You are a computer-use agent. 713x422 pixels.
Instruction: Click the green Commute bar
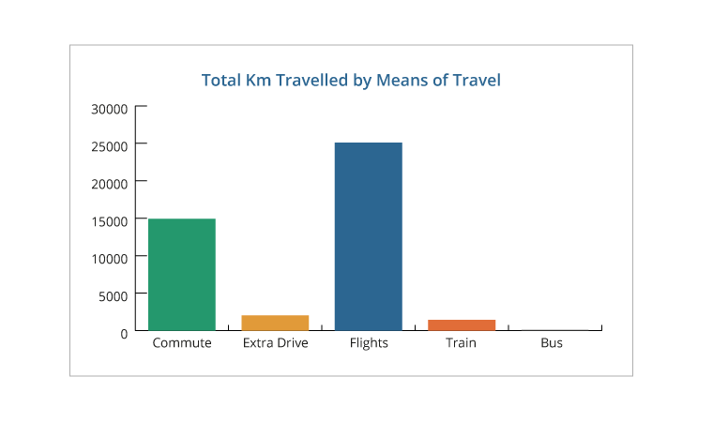point(182,274)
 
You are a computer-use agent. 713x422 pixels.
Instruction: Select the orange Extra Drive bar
point(275,323)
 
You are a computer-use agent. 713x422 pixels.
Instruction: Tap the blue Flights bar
point(369,236)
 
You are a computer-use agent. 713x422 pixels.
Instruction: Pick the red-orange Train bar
point(462,324)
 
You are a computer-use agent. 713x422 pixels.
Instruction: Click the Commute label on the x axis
point(182,343)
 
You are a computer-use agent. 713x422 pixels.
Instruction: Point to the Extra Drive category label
point(275,343)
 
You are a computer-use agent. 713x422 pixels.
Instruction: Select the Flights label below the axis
point(369,343)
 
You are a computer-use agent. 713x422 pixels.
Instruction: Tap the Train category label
point(462,343)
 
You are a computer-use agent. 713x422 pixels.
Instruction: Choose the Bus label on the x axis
point(552,343)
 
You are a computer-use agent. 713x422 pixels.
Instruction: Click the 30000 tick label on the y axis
point(109,109)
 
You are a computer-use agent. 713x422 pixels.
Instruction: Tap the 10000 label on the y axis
point(109,258)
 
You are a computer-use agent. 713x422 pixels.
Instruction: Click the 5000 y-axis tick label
point(113,295)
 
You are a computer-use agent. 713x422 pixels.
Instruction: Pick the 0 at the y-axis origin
point(124,333)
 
